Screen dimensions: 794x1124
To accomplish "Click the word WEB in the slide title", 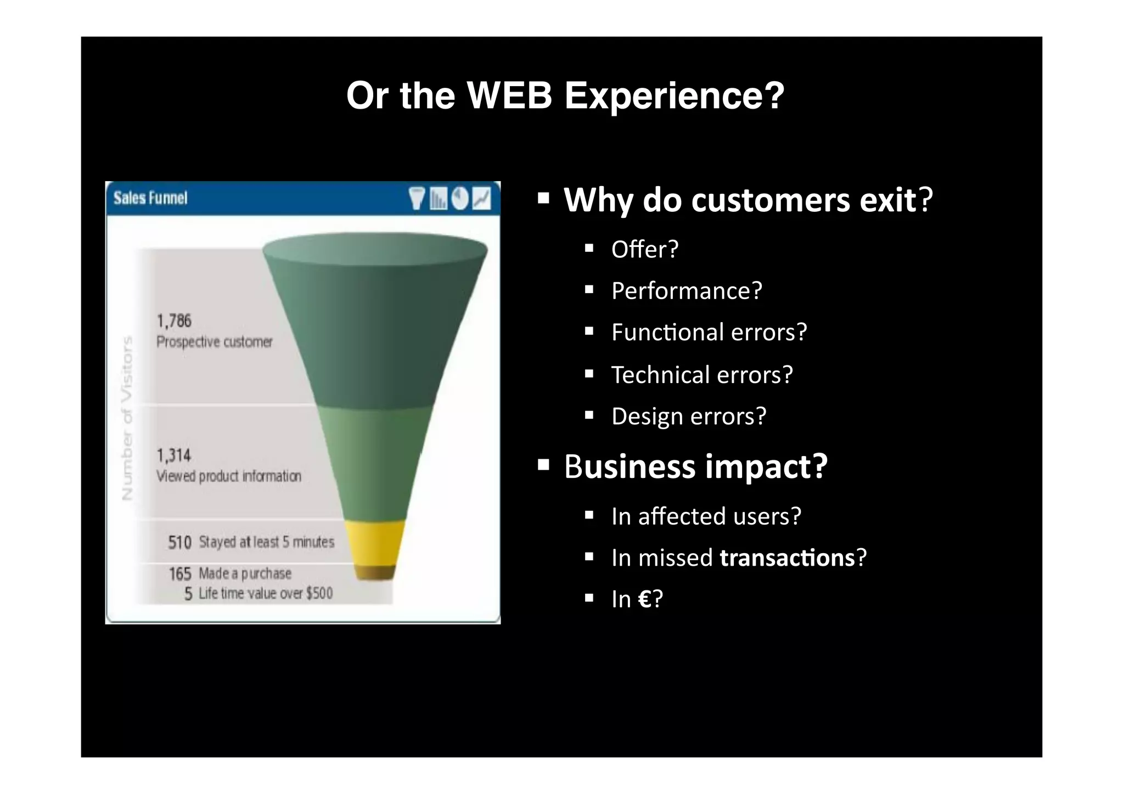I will coord(509,95).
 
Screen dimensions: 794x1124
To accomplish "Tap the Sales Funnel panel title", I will coord(150,198).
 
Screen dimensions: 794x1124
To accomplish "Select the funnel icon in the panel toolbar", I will coord(417,198).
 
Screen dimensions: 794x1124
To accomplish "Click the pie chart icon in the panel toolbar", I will coord(460,198).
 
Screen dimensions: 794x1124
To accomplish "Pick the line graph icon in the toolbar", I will coord(481,198).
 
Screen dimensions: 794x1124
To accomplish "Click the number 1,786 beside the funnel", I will coord(174,320).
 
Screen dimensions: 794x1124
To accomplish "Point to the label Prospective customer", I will coord(214,342).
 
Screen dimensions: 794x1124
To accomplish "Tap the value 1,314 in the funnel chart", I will coord(174,455).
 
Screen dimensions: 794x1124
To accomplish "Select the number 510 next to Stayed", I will coord(179,543).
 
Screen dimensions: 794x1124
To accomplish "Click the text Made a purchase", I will coord(245,573).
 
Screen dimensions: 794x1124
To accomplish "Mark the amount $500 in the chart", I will coord(319,593).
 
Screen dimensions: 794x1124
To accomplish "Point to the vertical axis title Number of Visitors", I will coord(127,418).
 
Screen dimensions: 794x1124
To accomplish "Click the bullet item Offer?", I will coord(645,250).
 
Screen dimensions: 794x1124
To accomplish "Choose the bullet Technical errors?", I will coord(702,375).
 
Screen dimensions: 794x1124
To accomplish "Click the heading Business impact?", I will coord(695,466).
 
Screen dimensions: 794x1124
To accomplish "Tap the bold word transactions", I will coord(787,558).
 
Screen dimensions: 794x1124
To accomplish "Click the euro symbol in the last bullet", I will coord(645,599).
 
